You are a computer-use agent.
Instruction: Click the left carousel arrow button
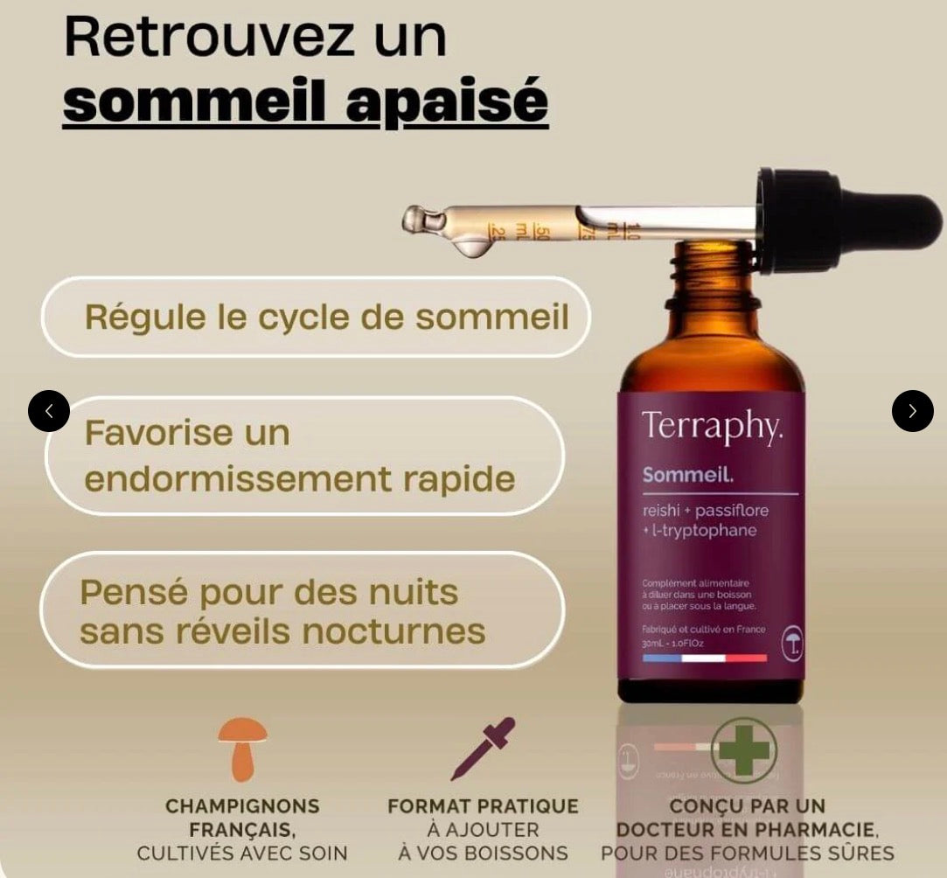49,411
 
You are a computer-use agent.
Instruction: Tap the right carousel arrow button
912,411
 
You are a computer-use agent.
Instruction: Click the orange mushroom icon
242,749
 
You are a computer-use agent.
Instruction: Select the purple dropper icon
483,749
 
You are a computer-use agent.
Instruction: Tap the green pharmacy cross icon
744,749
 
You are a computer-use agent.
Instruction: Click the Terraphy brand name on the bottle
712,426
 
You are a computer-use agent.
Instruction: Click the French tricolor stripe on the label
704,658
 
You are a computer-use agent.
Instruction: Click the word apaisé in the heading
447,102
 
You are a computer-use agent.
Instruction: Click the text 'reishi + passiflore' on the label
700,511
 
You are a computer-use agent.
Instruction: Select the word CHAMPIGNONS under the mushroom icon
242,806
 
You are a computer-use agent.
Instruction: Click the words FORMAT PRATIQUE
483,806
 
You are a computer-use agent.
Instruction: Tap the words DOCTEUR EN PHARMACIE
747,829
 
